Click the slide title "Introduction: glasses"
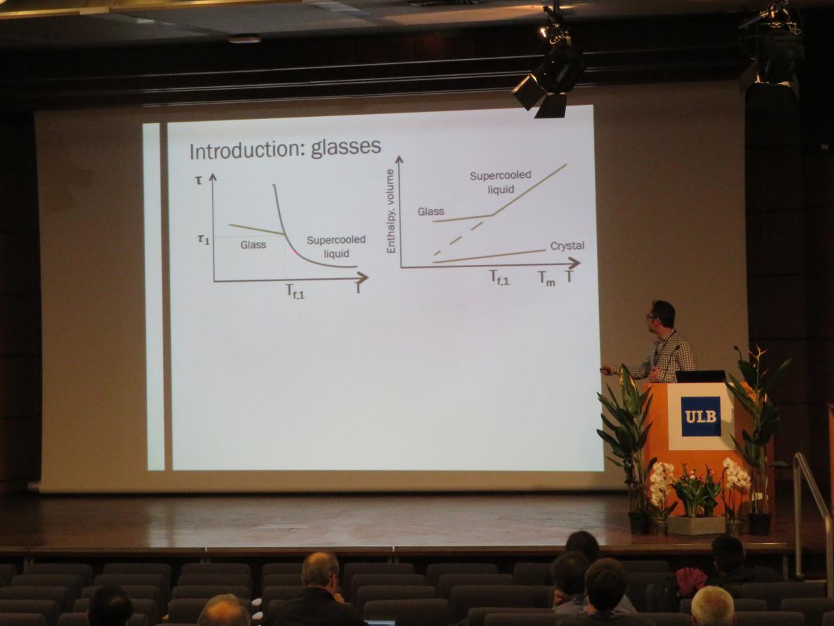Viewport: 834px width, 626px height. click(285, 149)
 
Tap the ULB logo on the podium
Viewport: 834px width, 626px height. click(701, 416)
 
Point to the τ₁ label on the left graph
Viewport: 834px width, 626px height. click(203, 239)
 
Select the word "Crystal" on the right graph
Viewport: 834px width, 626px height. click(567, 246)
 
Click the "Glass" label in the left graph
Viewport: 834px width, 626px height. click(253, 245)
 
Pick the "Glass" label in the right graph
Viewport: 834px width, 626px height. click(430, 211)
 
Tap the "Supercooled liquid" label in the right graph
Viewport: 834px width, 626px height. click(500, 182)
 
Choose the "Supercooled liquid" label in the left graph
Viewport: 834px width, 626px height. click(336, 247)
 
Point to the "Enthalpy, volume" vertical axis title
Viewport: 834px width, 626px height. click(391, 211)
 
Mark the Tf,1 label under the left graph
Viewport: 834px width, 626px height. click(295, 291)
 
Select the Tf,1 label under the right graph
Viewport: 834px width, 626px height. click(499, 277)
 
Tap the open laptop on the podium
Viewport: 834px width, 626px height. click(700, 376)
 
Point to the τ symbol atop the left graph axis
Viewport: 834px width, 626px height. click(198, 179)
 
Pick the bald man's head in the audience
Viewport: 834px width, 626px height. click(320, 572)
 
